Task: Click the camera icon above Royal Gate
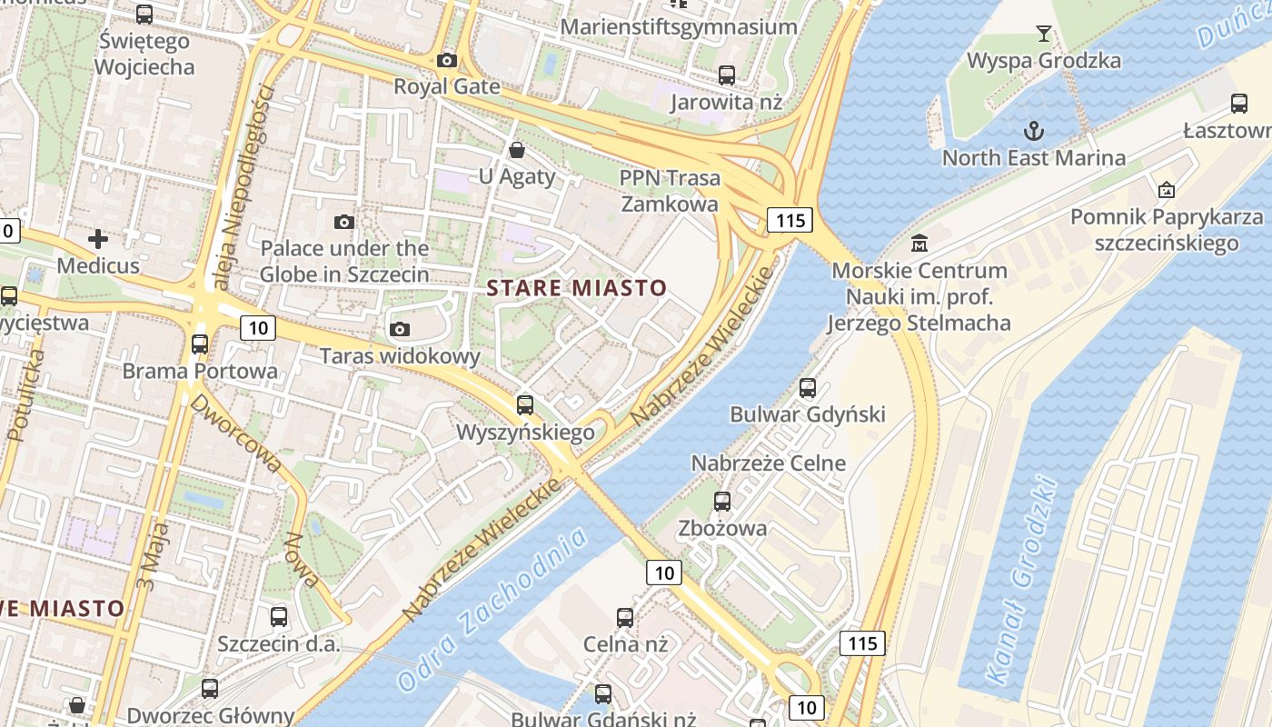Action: click(447, 60)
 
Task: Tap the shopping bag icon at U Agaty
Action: click(517, 149)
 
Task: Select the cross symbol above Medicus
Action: click(98, 239)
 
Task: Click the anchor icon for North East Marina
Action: click(1033, 131)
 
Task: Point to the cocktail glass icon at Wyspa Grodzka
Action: click(1044, 35)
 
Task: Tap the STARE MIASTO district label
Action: click(577, 289)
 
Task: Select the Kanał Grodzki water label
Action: click(1022, 582)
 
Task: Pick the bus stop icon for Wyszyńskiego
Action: click(524, 405)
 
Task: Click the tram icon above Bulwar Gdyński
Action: click(808, 388)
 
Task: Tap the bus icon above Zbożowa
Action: click(722, 501)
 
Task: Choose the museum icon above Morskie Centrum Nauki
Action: click(919, 244)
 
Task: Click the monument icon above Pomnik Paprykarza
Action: click(1166, 190)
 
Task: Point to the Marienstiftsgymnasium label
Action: click(679, 26)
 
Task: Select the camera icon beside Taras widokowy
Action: click(400, 329)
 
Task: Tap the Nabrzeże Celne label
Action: click(768, 463)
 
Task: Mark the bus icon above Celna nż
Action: click(625, 618)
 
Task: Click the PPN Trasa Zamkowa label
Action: click(671, 191)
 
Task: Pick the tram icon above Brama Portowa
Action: click(200, 344)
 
